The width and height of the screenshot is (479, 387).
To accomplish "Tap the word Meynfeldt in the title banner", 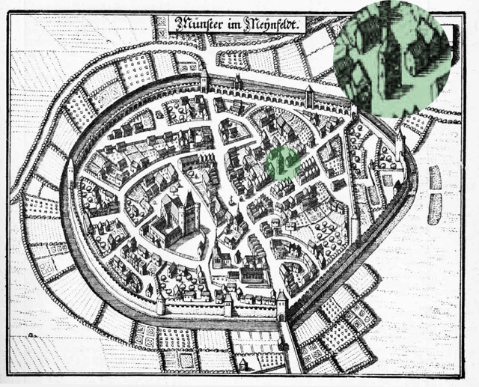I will (270, 24).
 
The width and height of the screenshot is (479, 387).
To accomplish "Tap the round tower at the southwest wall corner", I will (160, 303).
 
